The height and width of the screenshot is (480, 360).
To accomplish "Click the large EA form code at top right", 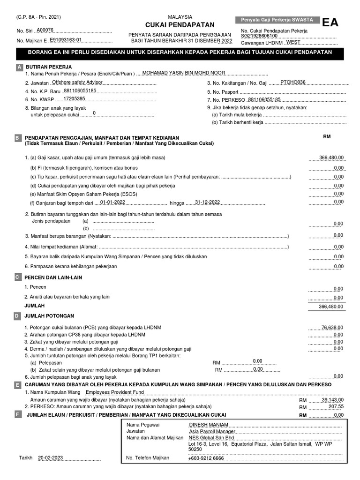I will click(329, 23).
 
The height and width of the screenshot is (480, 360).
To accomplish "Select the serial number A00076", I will click(45, 30).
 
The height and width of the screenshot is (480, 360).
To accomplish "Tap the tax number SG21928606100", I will click(259, 36).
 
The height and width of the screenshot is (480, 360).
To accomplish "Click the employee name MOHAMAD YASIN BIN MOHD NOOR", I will click(183, 73).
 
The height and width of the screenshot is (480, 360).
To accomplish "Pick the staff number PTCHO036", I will click(292, 82).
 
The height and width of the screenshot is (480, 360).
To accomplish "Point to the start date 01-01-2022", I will click(112, 202).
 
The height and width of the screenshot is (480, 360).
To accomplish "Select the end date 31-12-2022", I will click(207, 202).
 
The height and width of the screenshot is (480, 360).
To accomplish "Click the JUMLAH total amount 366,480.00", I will click(331, 306).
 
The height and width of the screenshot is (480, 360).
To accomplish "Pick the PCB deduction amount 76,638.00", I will click(332, 327).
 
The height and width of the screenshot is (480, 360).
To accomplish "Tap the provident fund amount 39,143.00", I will click(333, 400).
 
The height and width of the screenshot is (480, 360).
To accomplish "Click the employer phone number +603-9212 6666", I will click(206, 458).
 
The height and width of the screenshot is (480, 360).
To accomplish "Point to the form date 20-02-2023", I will click(51, 457).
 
